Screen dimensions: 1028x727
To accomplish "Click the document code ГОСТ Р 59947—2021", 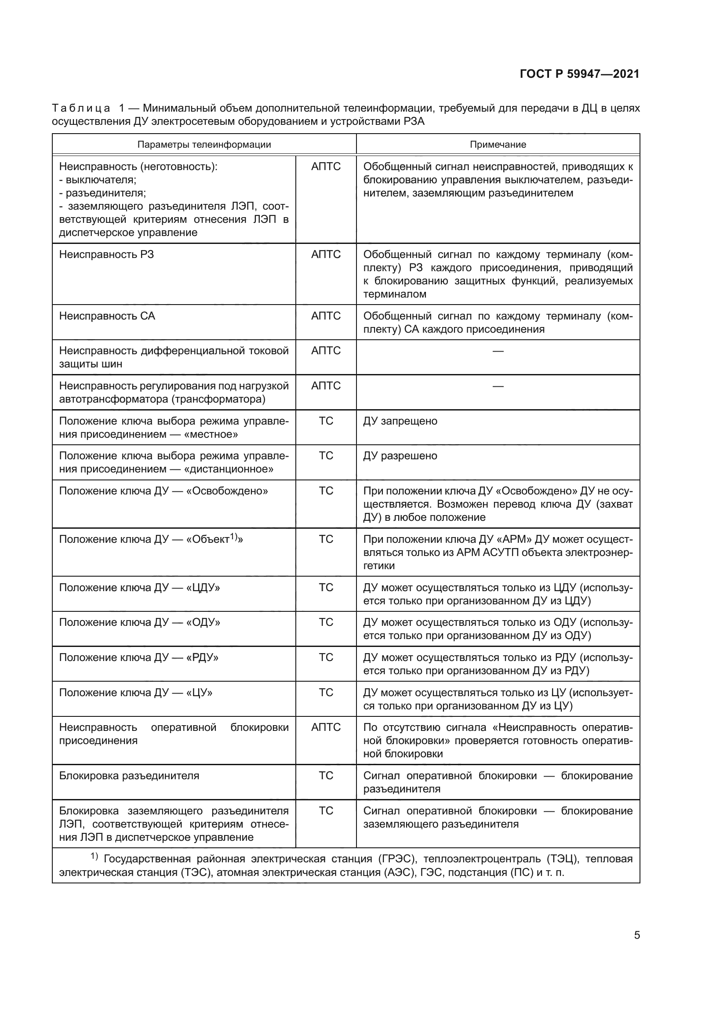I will [579, 74].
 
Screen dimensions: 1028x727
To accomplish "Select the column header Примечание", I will [498, 145].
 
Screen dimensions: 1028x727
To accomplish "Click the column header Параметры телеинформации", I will [204, 145].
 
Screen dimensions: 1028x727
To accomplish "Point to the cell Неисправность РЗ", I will [106, 255].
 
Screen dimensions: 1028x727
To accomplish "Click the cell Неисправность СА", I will [107, 316].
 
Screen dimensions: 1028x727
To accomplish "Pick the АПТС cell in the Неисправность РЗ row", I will [325, 255].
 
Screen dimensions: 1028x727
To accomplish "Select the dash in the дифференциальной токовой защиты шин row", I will [498, 351].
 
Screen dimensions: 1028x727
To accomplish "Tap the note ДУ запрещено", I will [400, 421].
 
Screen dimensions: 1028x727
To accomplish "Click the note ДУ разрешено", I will [400, 456].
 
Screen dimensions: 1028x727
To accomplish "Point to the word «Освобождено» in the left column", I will [227, 491].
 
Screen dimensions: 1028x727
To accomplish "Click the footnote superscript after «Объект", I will [233, 537].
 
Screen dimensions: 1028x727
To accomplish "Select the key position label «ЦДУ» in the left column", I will [203, 588].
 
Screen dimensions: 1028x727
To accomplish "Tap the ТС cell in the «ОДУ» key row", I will [325, 623].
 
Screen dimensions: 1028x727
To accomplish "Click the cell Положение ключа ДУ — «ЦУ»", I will [136, 693].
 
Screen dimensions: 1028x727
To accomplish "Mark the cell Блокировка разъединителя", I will [129, 776].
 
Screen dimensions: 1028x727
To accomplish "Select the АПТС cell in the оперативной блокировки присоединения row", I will [325, 727].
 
